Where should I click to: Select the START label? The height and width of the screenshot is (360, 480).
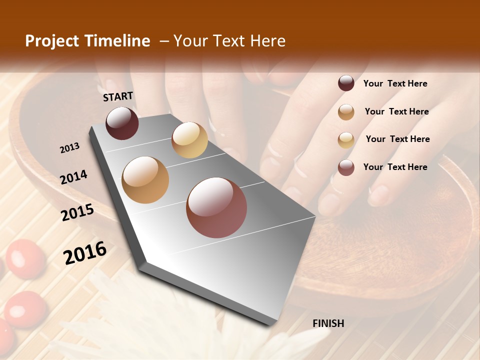tap(118, 96)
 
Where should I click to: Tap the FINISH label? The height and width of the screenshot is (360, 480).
tap(328, 323)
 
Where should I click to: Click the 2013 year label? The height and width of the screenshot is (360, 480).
tap(69, 148)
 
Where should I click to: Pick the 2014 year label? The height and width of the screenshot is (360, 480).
tap(73, 177)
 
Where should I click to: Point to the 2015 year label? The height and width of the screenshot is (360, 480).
tap(77, 212)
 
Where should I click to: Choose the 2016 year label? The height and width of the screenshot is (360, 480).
tap(85, 253)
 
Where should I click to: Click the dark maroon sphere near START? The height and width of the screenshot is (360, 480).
tap(122, 123)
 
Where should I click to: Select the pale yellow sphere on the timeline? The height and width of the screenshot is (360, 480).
tap(189, 140)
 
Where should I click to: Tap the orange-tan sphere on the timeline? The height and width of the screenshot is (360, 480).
tap(145, 180)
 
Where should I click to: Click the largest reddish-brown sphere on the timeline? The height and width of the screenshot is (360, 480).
tap(216, 207)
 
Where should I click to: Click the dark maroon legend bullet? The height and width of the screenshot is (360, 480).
tap(346, 83)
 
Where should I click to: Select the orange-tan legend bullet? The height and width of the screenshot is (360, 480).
tap(346, 111)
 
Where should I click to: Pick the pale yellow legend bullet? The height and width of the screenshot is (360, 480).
tap(346, 139)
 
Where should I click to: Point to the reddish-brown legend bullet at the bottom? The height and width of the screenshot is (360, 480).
tap(346, 167)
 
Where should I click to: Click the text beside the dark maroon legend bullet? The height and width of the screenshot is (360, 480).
tap(395, 83)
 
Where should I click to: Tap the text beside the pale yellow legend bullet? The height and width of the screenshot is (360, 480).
tap(397, 139)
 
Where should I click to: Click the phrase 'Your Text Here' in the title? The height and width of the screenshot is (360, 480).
tap(229, 41)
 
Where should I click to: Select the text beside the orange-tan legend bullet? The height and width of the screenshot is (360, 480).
tap(396, 111)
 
